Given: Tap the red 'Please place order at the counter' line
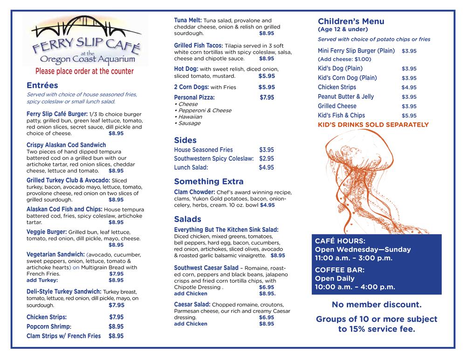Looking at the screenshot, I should [x=84, y=71].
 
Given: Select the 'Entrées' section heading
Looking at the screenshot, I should [x=42, y=86].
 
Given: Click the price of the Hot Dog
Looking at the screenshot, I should [x=267, y=76].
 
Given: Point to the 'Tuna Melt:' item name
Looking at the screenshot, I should [x=188, y=20].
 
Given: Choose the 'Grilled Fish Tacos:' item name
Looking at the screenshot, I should [x=199, y=46].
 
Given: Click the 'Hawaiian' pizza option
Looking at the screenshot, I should [x=188, y=117].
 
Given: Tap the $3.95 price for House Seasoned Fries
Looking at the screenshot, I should [x=267, y=150].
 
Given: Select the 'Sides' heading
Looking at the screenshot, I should [x=185, y=140].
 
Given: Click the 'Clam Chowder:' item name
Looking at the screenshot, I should [x=194, y=192].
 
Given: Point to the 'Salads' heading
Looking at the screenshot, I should [x=188, y=219].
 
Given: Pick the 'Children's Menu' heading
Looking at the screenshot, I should [x=351, y=21].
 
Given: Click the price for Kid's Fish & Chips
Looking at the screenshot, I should [x=409, y=115].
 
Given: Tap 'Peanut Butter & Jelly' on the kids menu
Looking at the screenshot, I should [x=346, y=97].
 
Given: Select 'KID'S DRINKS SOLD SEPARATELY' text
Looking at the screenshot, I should [x=373, y=125].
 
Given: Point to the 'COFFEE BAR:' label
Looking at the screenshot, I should [x=340, y=270].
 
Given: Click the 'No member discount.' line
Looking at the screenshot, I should [x=377, y=305].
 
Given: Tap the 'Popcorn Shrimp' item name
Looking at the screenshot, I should [x=48, y=326].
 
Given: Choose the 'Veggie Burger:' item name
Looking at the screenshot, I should [x=47, y=232].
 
